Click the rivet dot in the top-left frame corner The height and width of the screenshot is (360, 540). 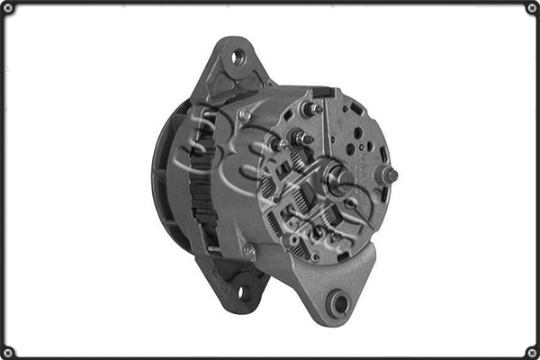(8, 8)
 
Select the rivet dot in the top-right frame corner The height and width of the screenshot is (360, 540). (531, 8)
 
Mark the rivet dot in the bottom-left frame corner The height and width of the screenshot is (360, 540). (8, 351)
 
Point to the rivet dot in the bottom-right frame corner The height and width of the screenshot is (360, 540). (531, 351)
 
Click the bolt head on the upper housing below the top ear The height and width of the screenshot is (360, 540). (245, 115)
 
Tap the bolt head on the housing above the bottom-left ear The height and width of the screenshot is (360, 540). (249, 253)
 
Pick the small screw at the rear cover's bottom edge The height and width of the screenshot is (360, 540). (315, 257)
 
